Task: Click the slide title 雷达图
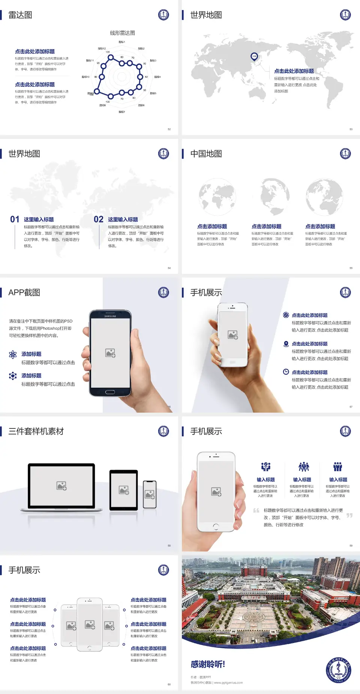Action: tap(20, 15)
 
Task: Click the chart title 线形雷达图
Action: tap(122, 33)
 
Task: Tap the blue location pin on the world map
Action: tap(254, 57)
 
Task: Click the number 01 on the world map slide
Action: tap(15, 219)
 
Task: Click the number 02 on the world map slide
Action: tap(99, 219)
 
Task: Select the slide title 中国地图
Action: tap(206, 154)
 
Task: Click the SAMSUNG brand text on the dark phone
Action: tap(110, 316)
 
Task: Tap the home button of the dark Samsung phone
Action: tap(110, 392)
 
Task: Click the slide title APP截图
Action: tap(24, 293)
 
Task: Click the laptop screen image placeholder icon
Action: tap(61, 486)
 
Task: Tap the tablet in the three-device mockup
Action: tap(124, 490)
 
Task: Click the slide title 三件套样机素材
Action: tap(36, 431)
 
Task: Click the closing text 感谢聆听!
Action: tap(208, 664)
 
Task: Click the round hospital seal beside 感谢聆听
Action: tap(338, 670)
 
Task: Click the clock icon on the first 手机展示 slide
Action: tap(286, 372)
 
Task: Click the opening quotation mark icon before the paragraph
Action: tap(256, 510)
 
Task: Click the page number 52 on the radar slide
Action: tap(169, 129)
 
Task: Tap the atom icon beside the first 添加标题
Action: tap(13, 355)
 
